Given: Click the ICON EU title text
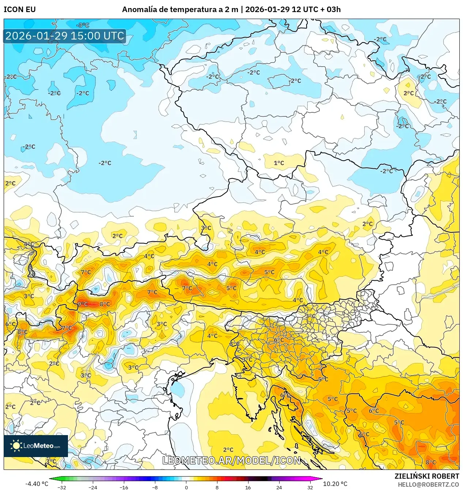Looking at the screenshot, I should click(20, 10).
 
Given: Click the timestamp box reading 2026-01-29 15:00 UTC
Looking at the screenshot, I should click(65, 36).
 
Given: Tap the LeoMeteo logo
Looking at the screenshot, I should click(36, 446).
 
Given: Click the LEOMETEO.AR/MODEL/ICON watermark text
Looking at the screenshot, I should click(231, 460).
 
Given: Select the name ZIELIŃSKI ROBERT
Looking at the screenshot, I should click(426, 476).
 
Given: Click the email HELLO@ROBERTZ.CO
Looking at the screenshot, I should click(428, 484).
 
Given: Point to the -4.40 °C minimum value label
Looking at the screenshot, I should click(37, 484).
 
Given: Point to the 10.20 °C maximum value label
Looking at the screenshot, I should click(335, 484).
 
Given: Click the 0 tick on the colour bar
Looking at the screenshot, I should click(186, 487).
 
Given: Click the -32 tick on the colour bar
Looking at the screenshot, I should click(62, 487).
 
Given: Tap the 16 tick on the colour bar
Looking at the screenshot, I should click(248, 487).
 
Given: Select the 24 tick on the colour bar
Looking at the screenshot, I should click(279, 487).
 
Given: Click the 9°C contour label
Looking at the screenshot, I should click(83, 304).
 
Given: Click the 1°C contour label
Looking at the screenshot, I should click(279, 163).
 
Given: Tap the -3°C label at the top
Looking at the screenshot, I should click(83, 25).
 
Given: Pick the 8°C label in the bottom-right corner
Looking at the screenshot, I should click(431, 462).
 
